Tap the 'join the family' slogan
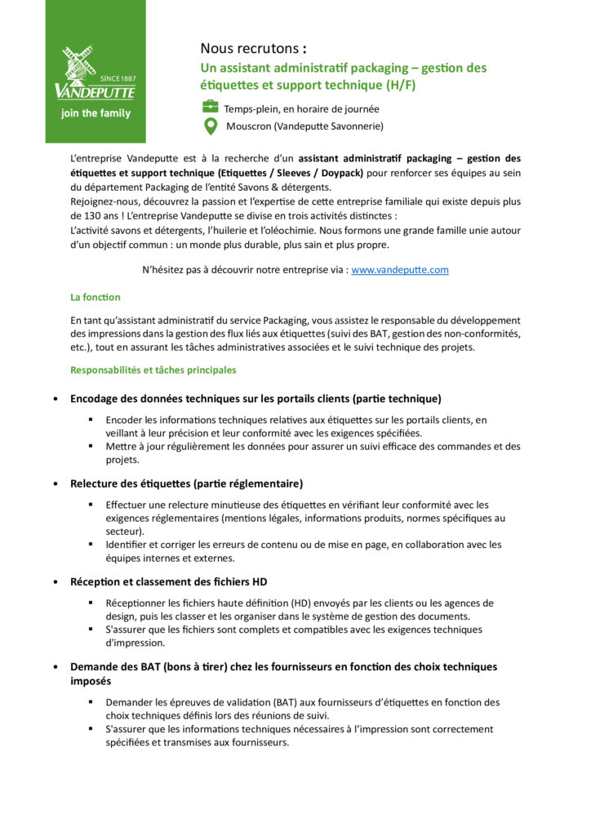96,113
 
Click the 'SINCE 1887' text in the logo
118,78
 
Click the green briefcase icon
210,107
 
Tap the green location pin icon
210,126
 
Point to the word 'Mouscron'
250,126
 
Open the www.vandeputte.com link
399,270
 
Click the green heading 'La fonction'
95,298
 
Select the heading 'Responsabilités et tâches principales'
153,370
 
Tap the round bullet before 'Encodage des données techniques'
55,400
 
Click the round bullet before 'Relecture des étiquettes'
55,484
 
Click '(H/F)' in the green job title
407,84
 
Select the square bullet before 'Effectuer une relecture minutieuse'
91,506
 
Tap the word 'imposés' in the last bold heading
91,681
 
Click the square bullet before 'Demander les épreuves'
91,702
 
